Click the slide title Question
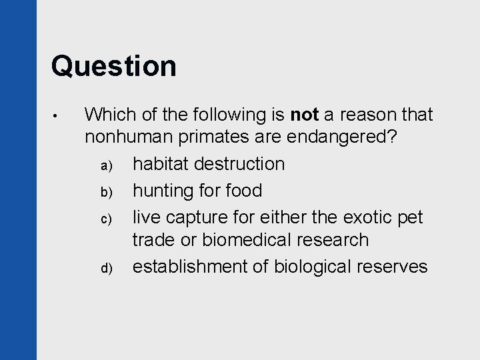(114, 66)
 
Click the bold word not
(305, 116)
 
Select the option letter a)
(113, 165)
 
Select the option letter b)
(113, 192)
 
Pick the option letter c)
(113, 219)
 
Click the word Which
(111, 116)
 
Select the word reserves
(391, 267)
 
